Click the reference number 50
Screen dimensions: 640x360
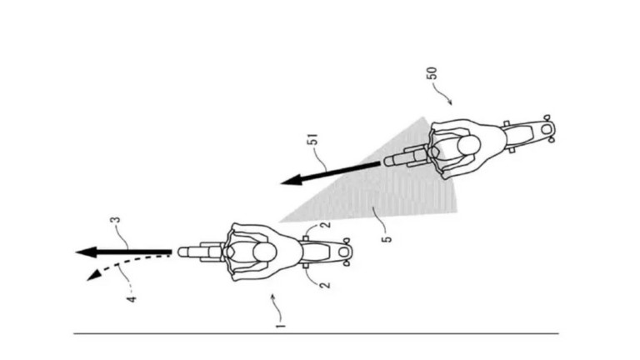coord(432,73)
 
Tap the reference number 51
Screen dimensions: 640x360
coord(313,140)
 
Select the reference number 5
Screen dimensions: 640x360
coord(387,239)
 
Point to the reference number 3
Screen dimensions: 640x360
coord(117,220)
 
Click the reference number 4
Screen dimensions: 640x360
coord(132,299)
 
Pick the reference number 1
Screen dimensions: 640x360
coord(281,325)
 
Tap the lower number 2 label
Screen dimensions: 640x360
coord(325,283)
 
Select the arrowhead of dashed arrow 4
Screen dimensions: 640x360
coord(94,275)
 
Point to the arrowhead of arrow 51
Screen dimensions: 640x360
coord(292,180)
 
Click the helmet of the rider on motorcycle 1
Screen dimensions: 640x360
coord(265,252)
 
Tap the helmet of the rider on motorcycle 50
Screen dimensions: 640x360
coord(468,146)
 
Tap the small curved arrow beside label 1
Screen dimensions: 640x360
coord(277,307)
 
